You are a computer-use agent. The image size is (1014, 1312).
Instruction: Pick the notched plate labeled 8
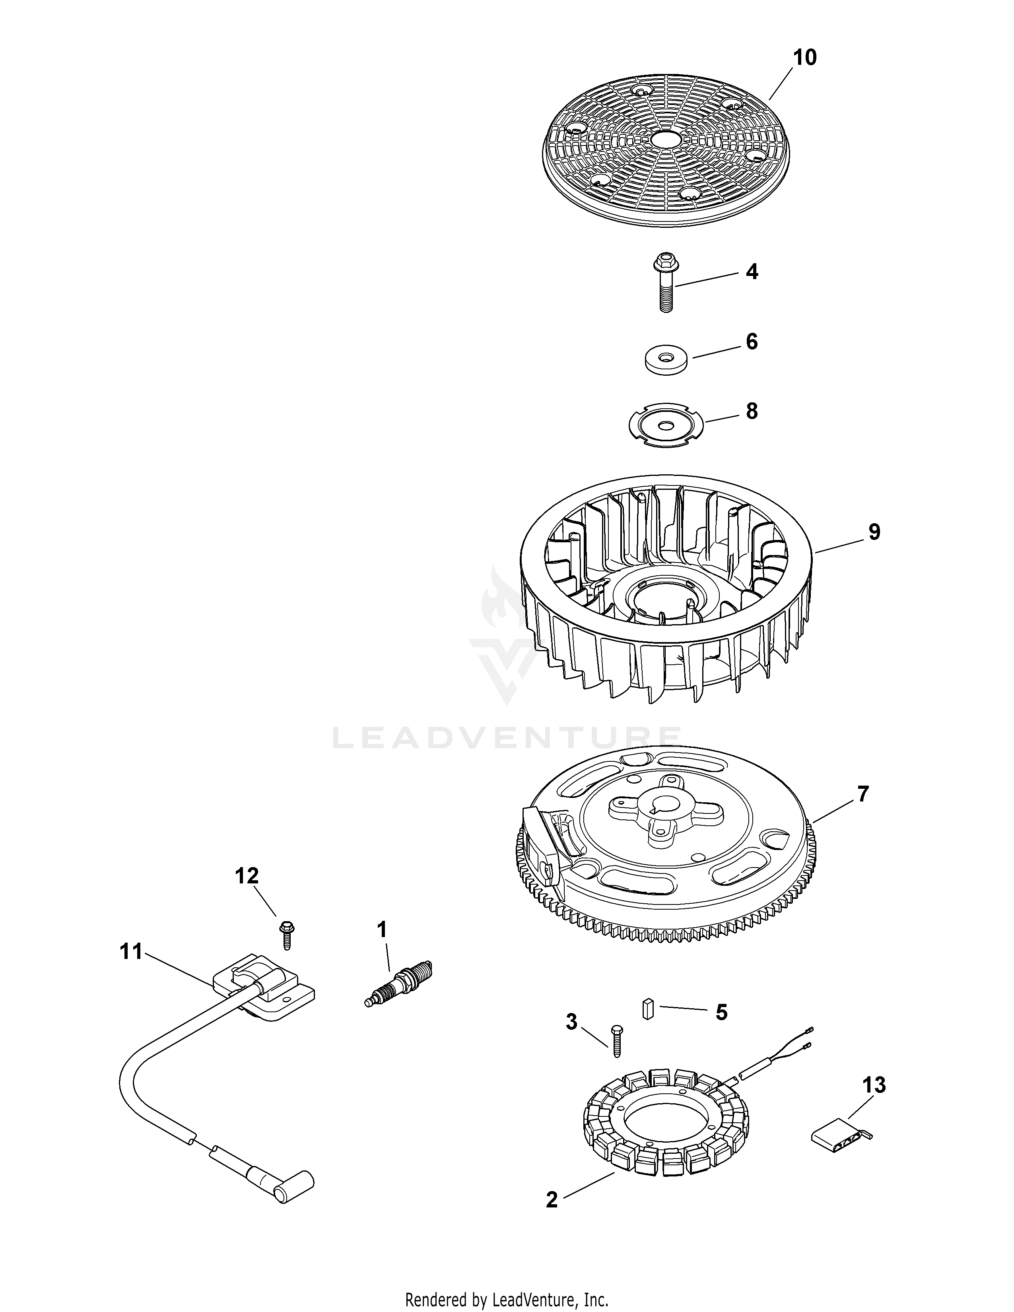pyautogui.click(x=665, y=425)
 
